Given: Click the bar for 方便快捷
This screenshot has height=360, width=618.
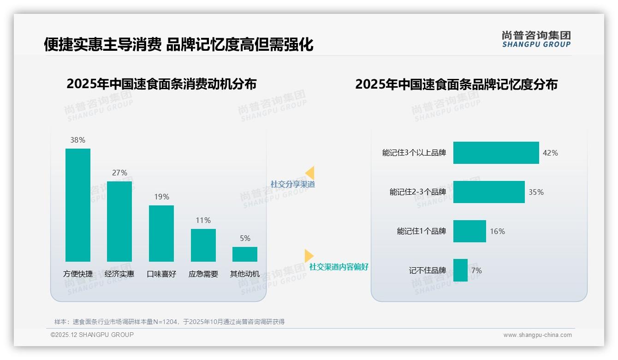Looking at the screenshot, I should pos(78,205).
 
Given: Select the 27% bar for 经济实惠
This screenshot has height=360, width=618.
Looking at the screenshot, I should pos(119,222).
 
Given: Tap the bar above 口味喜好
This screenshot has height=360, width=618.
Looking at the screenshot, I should pos(161,234).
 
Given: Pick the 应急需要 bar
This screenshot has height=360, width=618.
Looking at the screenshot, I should pos(203,245).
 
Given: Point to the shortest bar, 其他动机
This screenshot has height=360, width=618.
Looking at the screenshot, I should pos(245,254).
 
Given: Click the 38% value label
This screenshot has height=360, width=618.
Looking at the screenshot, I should pos(78,140).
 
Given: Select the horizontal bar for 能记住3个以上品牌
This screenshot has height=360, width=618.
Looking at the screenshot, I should pos(496,153).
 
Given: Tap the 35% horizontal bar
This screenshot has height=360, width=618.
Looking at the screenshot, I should pos(489,192).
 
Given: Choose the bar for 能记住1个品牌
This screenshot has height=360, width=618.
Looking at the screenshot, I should pos(469,231).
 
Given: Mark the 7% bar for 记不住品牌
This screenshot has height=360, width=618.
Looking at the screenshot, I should pos(460,270).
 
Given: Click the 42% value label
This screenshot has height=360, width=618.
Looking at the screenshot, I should pos(550,153).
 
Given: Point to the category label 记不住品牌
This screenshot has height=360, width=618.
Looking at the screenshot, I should pos(427,270).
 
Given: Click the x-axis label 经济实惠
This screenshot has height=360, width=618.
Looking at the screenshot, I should pos(119,274).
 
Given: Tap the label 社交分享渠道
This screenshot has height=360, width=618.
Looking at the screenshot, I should pos(292,184).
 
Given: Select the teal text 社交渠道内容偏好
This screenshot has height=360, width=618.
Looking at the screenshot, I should pos(339,267).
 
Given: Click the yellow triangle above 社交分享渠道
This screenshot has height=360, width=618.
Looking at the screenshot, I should pos(310,173).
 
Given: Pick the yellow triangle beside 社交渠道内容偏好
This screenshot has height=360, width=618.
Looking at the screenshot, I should pos(309,256).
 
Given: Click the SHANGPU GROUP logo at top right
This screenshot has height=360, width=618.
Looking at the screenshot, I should pos(536,39).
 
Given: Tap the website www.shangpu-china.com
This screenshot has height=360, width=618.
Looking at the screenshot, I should pos(537,335).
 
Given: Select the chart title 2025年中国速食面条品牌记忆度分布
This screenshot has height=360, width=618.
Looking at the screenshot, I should pos(456,84).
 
